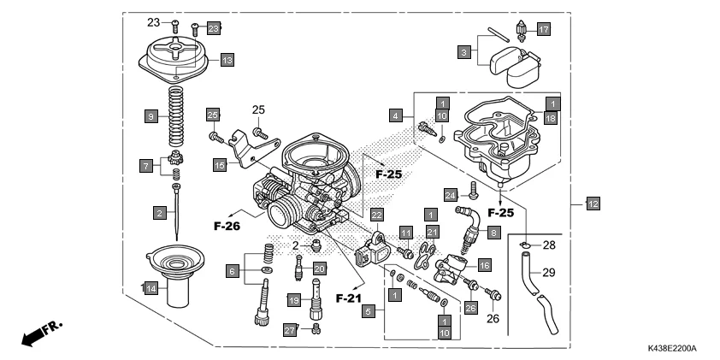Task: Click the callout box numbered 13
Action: tap(227, 60)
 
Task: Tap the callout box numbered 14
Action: tap(150, 289)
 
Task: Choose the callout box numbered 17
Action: tap(544, 29)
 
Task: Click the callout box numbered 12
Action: tap(593, 204)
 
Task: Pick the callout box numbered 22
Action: tap(376, 215)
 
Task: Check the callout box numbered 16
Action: tap(484, 266)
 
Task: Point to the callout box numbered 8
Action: tap(493, 232)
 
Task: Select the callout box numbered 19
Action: tap(293, 301)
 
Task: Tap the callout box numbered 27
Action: tap(290, 329)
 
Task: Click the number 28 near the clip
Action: tap(548, 245)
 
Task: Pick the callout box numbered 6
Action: tap(230, 270)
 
